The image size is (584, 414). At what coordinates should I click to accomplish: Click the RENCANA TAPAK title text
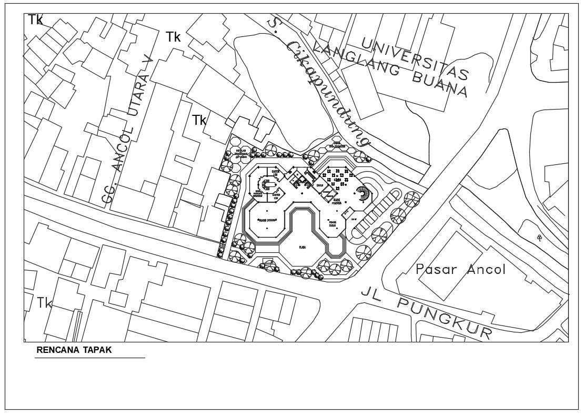(74, 350)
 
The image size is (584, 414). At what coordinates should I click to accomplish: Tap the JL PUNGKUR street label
(427, 312)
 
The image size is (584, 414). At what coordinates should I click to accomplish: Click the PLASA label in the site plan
(303, 247)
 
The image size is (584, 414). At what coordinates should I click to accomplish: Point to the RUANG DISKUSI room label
(264, 220)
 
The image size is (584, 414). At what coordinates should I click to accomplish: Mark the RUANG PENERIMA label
(337, 201)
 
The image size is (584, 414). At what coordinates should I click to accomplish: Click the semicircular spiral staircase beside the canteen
(363, 195)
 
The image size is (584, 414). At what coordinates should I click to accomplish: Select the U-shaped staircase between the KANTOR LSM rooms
(270, 184)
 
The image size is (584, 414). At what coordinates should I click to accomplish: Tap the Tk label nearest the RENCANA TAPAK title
(45, 303)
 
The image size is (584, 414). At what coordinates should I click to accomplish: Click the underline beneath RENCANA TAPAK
(89, 358)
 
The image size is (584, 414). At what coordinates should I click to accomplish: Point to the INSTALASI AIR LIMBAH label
(241, 153)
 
